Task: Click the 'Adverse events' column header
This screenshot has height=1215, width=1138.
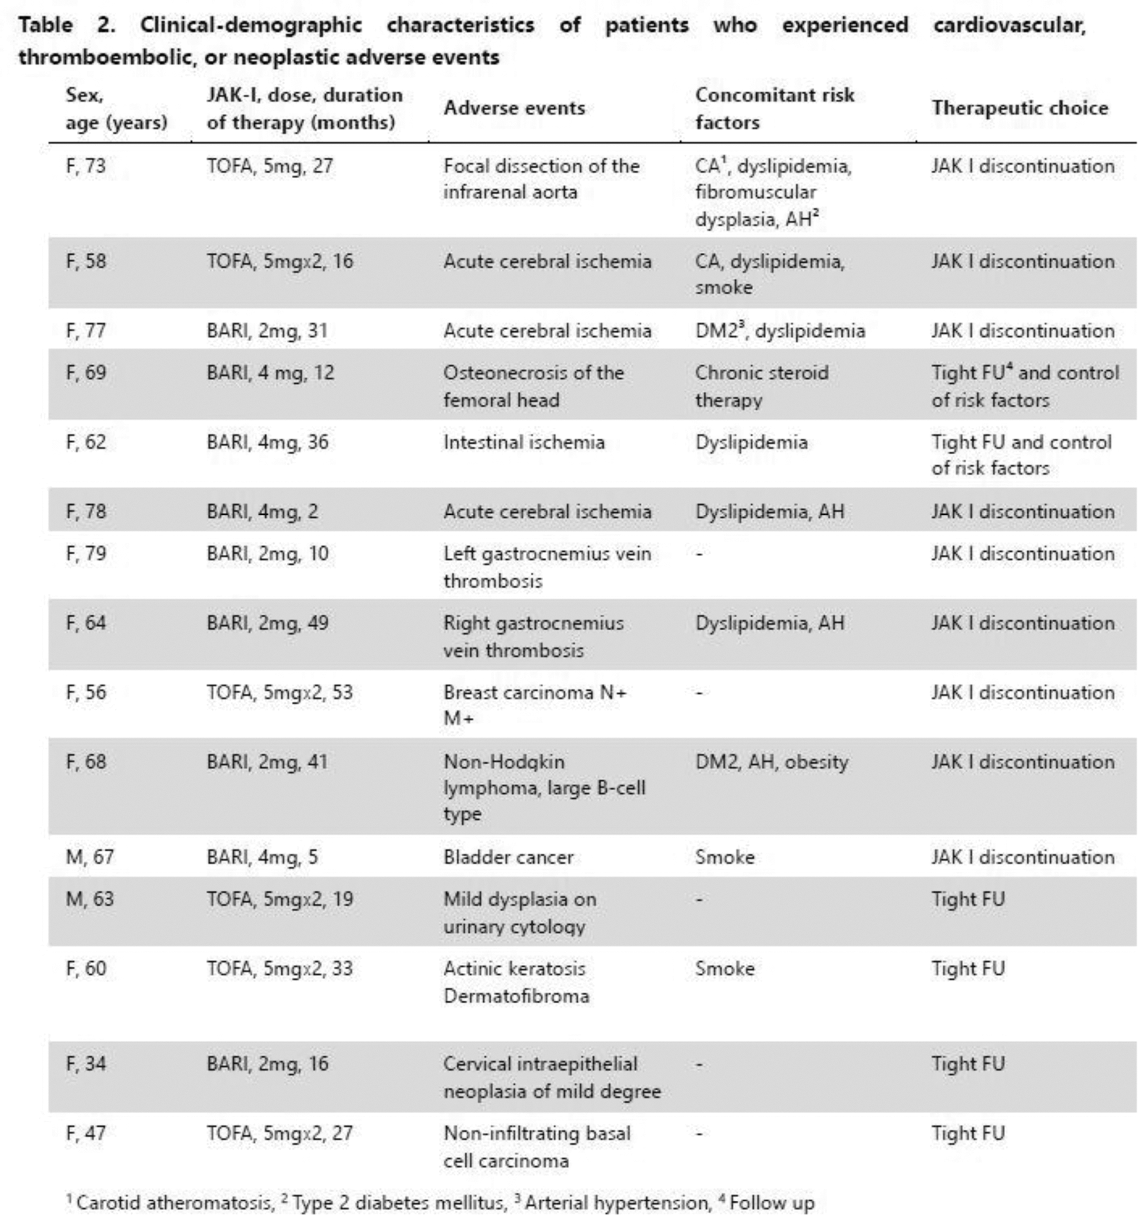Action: [514, 108]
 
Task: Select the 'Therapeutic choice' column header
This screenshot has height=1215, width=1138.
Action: [1019, 108]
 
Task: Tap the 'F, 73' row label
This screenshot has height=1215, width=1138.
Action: [85, 165]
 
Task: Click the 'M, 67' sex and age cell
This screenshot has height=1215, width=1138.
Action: [89, 857]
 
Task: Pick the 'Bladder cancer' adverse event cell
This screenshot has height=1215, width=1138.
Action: [508, 857]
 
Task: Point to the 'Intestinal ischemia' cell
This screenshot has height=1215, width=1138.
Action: [524, 442]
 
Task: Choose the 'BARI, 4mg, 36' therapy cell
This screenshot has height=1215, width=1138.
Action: [267, 442]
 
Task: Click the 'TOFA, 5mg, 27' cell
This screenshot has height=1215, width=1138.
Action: [269, 165]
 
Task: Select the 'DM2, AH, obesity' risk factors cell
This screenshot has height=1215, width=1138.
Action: [771, 762]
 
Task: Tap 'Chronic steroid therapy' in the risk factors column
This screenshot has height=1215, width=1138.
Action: [761, 385]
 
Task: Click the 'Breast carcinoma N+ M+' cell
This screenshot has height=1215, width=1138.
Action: [535, 705]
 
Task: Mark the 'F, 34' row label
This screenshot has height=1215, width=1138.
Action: [85, 1064]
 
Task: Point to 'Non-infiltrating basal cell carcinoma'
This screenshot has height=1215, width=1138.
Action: [537, 1147]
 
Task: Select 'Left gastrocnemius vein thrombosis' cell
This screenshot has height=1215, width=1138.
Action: [547, 567]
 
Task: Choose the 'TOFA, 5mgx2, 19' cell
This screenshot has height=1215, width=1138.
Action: [279, 899]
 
